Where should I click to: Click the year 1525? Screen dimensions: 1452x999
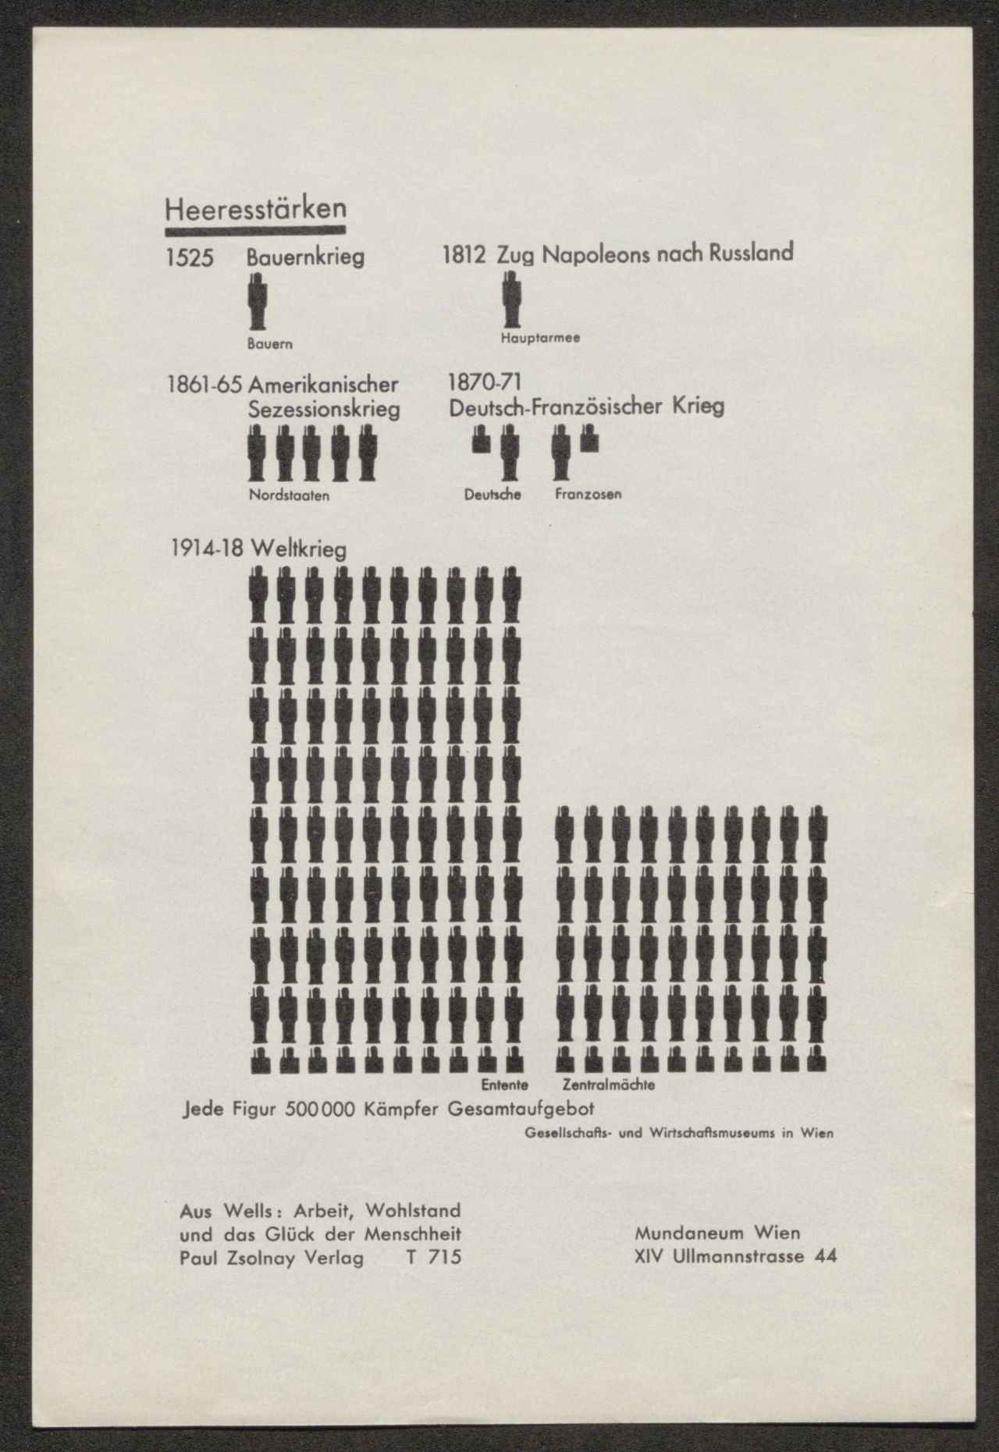pos(189,258)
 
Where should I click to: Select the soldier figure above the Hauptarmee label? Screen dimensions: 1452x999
pos(511,300)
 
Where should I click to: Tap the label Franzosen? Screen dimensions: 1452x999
pos(588,495)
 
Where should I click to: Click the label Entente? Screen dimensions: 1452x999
pos(504,1085)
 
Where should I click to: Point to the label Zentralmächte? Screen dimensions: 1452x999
pos(609,1085)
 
